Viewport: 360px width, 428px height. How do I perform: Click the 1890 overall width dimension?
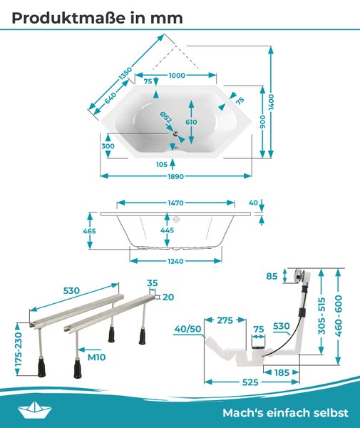click(x=175, y=176)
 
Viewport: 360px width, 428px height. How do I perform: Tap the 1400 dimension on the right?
click(x=271, y=102)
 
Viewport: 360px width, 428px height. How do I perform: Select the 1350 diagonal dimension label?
click(x=125, y=73)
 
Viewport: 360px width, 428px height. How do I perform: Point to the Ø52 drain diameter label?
click(x=166, y=117)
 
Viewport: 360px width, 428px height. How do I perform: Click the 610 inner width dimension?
click(x=191, y=122)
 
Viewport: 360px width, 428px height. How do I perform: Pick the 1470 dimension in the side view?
click(x=175, y=203)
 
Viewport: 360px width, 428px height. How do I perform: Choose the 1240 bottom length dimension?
click(x=175, y=261)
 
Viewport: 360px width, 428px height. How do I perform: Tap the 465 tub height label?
click(x=89, y=231)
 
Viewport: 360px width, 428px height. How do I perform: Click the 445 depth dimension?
click(x=167, y=230)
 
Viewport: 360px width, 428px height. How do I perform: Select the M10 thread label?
click(x=96, y=357)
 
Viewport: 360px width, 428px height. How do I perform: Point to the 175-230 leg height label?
click(x=19, y=349)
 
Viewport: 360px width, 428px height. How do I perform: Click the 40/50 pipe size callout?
click(x=187, y=329)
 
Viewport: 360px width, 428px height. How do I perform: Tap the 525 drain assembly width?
click(x=250, y=382)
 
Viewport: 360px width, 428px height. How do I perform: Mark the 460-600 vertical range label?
click(x=338, y=316)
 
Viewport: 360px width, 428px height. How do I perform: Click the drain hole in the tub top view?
click(x=175, y=133)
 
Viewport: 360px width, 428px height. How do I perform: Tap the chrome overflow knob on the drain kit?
click(x=299, y=275)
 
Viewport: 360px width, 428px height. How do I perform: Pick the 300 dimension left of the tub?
click(x=108, y=146)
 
